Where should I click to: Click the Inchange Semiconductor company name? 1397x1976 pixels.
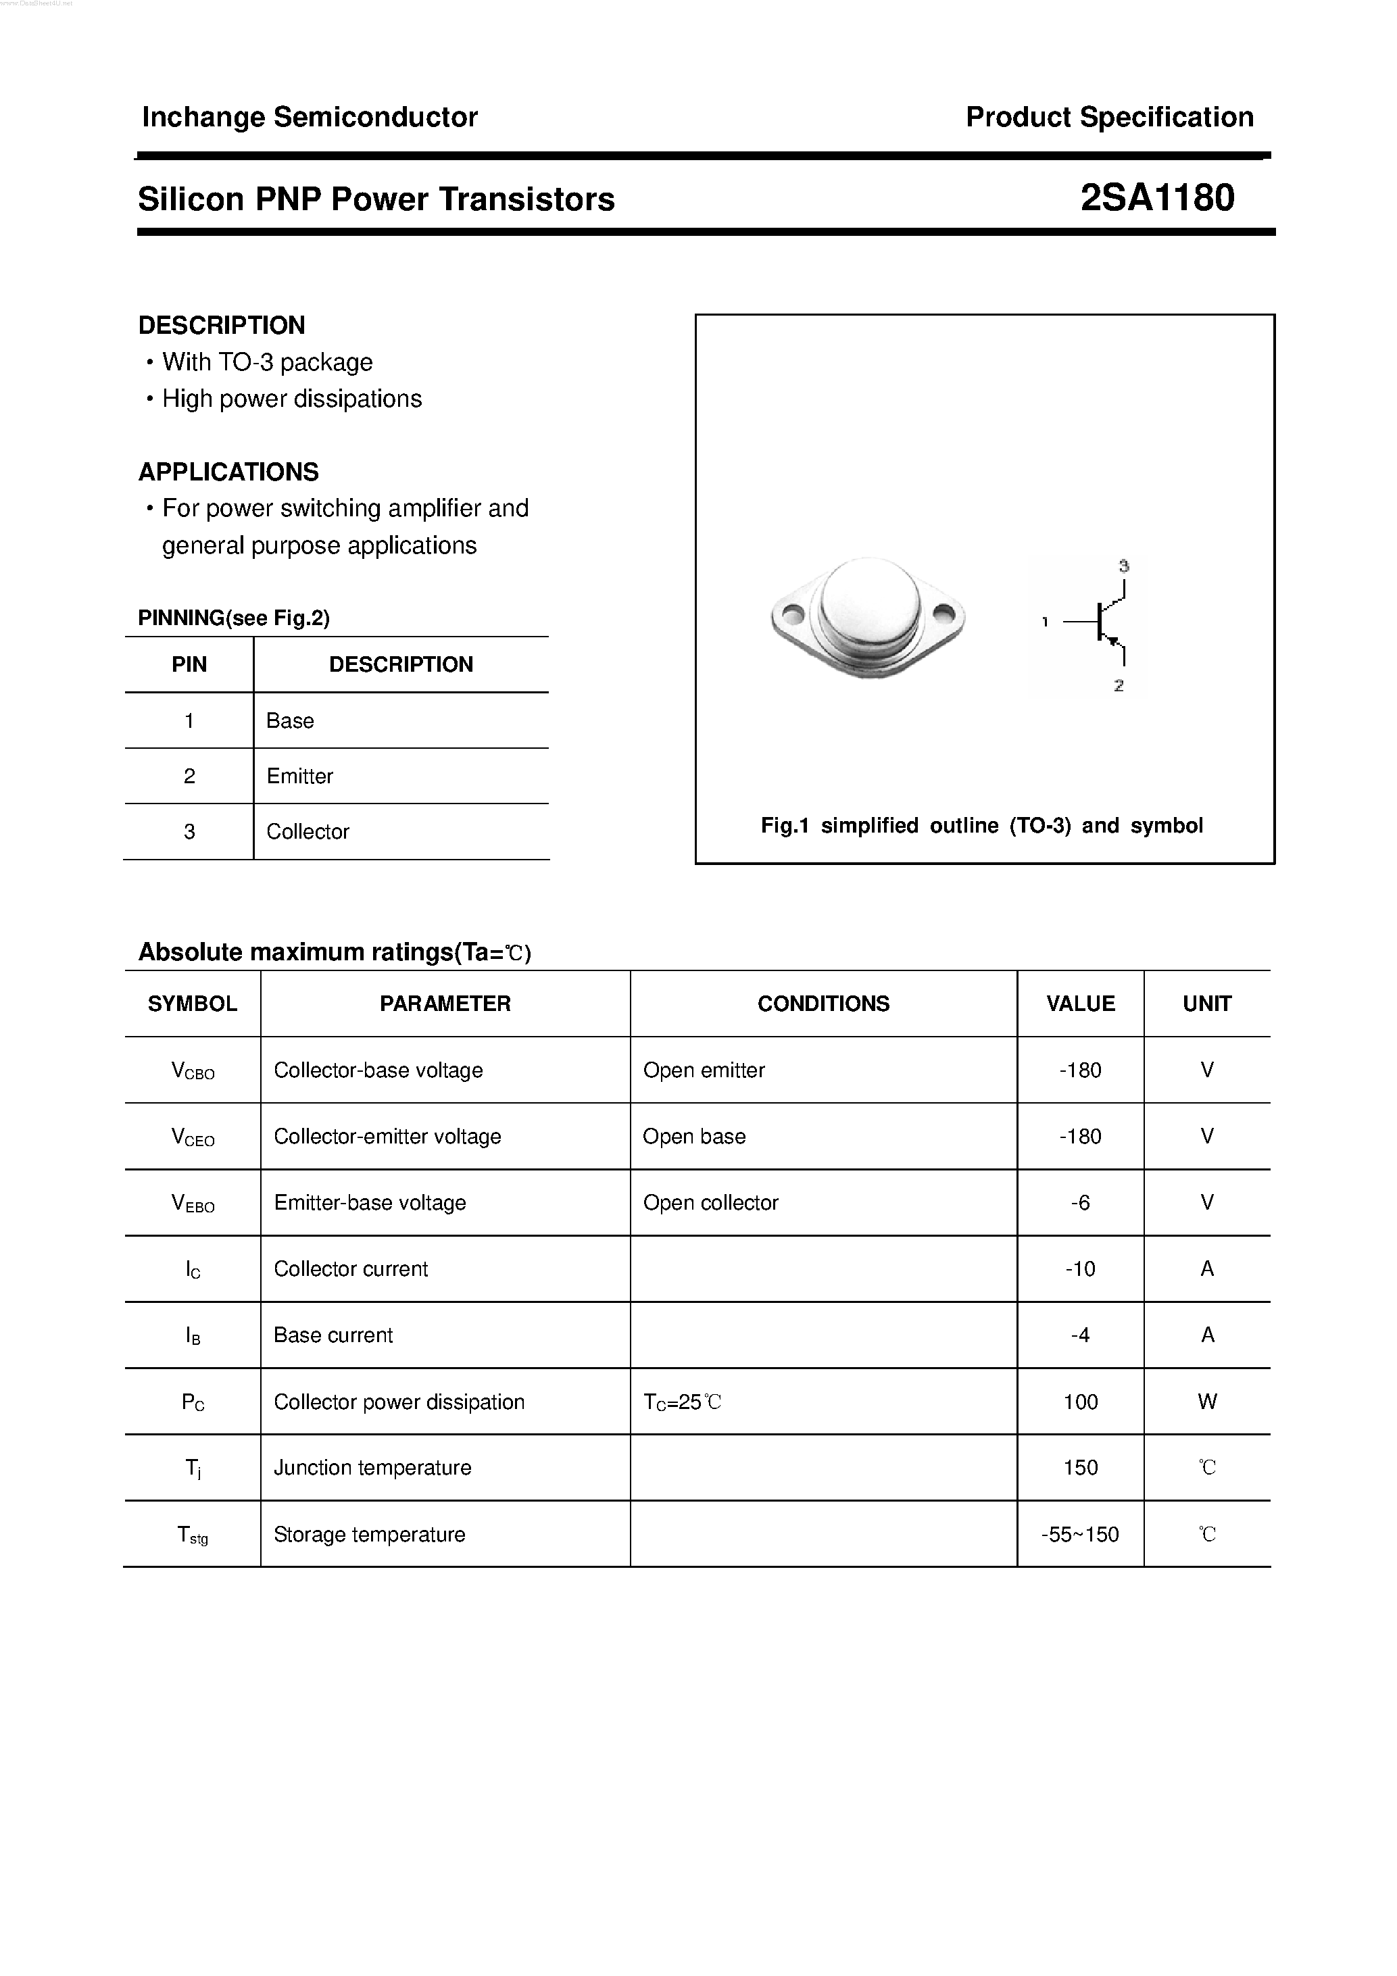[309, 117]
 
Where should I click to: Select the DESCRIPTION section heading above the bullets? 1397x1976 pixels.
[221, 325]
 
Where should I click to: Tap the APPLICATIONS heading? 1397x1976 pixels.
[228, 472]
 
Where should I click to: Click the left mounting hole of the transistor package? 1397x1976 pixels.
[793, 614]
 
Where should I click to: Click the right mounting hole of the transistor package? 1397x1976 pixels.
[943, 614]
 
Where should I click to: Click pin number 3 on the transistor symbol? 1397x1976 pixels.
[1123, 566]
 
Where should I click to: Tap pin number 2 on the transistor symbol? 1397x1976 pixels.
[1118, 686]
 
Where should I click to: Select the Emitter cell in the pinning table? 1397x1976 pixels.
[299, 776]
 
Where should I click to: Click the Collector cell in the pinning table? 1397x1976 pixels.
[308, 832]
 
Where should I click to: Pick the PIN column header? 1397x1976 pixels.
[189, 664]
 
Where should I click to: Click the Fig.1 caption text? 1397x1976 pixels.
[981, 825]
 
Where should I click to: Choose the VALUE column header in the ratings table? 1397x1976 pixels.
[1079, 1004]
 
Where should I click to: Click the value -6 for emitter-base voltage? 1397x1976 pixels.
[1080, 1202]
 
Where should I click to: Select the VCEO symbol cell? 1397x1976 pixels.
[193, 1137]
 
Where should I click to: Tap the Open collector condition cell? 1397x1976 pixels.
[710, 1202]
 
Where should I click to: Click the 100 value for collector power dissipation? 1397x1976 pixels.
[1079, 1402]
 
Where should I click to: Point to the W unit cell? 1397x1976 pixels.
[1207, 1402]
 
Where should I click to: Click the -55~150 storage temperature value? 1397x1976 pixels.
[1079, 1535]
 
